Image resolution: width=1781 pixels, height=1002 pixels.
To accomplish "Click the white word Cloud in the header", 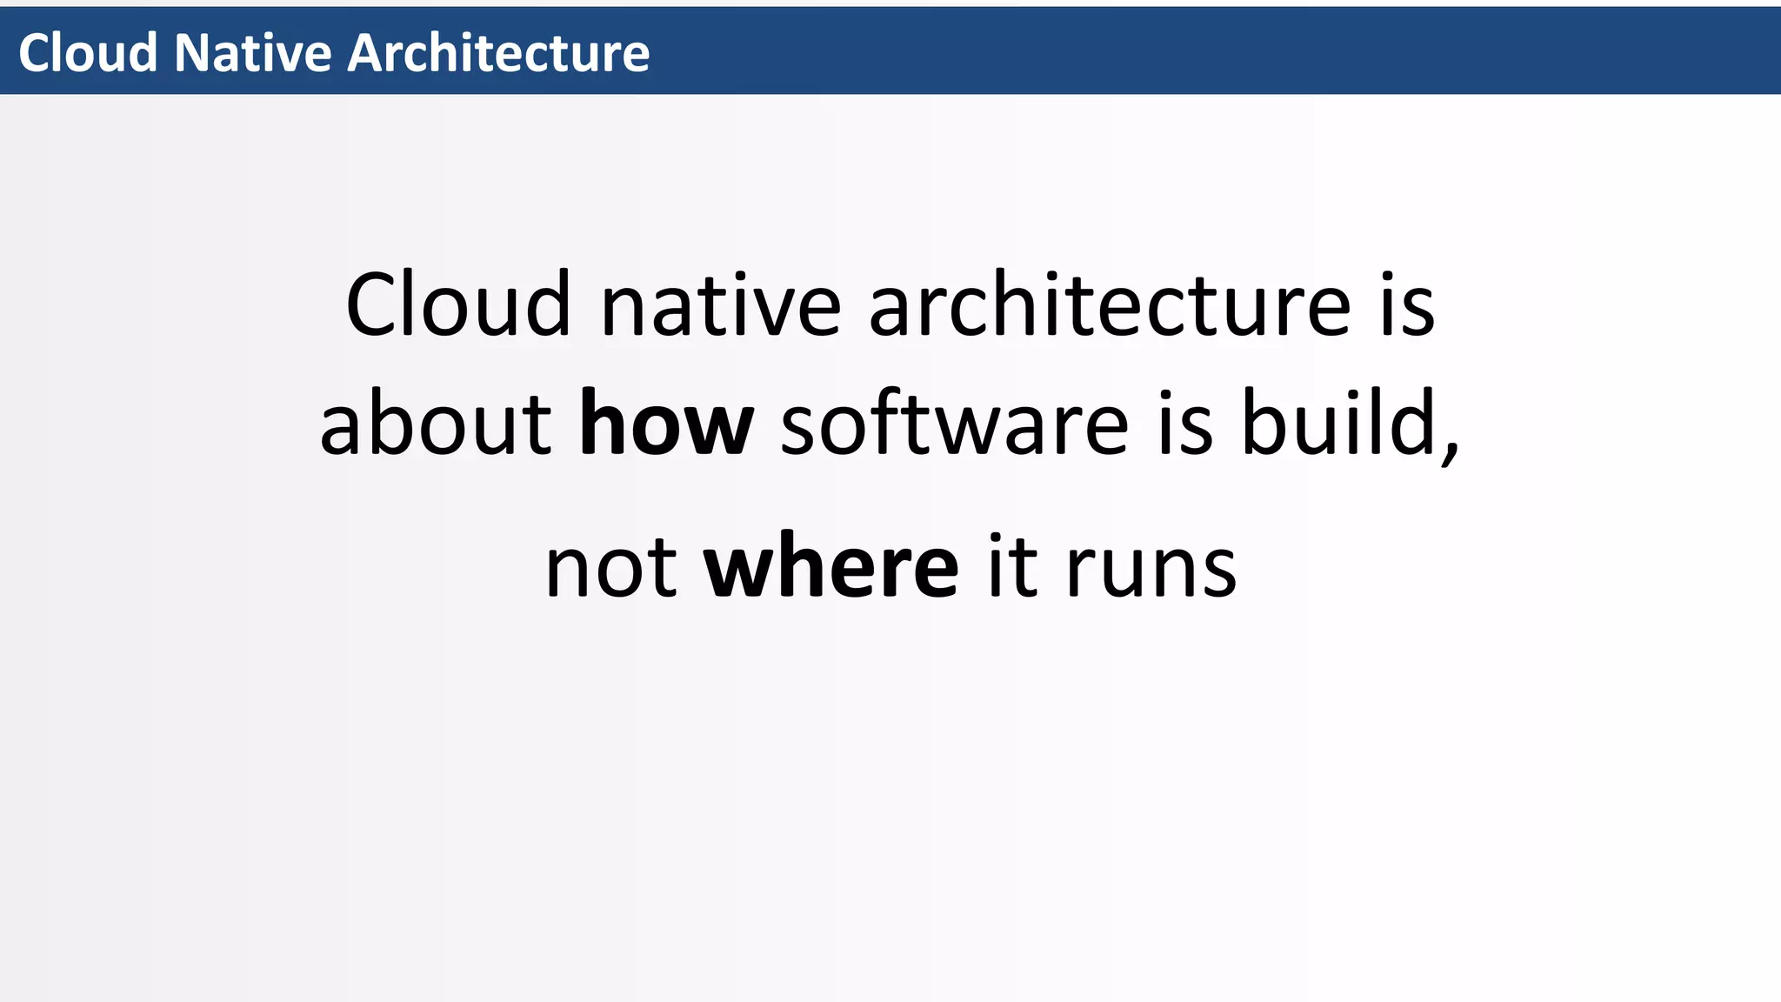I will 88,52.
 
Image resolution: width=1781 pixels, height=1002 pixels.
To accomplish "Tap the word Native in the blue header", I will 252,52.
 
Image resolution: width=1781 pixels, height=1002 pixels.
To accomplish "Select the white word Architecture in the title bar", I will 498,52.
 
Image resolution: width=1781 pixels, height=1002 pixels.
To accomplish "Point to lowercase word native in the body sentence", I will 721,306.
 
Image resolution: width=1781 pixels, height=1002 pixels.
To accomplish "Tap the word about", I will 435,424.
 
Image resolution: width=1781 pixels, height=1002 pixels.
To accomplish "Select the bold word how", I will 666,424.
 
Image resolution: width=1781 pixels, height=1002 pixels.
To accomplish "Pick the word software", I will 954,424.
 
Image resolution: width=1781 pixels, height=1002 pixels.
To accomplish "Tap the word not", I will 610,567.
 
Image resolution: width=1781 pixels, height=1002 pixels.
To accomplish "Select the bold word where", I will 830,567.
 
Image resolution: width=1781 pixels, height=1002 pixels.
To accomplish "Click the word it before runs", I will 1012,567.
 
